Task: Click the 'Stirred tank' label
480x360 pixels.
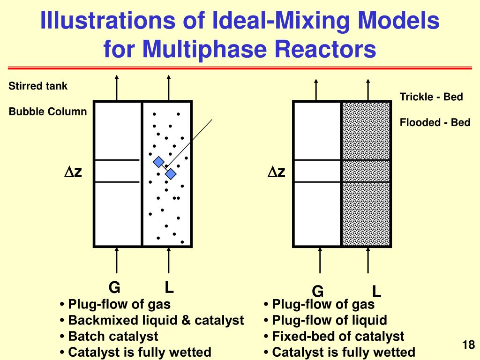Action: (38, 86)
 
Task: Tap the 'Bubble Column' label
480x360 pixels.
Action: (48, 112)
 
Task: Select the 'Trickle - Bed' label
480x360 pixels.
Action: (431, 97)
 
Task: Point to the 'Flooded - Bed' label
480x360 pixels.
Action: (435, 123)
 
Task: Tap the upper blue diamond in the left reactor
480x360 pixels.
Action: (159, 162)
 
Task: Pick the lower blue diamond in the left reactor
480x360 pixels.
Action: (171, 174)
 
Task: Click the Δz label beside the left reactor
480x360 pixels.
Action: (73, 172)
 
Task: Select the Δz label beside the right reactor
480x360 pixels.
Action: (277, 172)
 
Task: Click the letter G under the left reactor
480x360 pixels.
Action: (114, 287)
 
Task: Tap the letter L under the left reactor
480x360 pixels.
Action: (169, 287)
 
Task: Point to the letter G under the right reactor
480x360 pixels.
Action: (318, 292)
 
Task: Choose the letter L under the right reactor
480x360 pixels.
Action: (376, 292)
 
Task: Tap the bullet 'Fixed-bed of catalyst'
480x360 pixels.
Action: (337, 336)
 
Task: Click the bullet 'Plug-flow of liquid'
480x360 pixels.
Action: (330, 320)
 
